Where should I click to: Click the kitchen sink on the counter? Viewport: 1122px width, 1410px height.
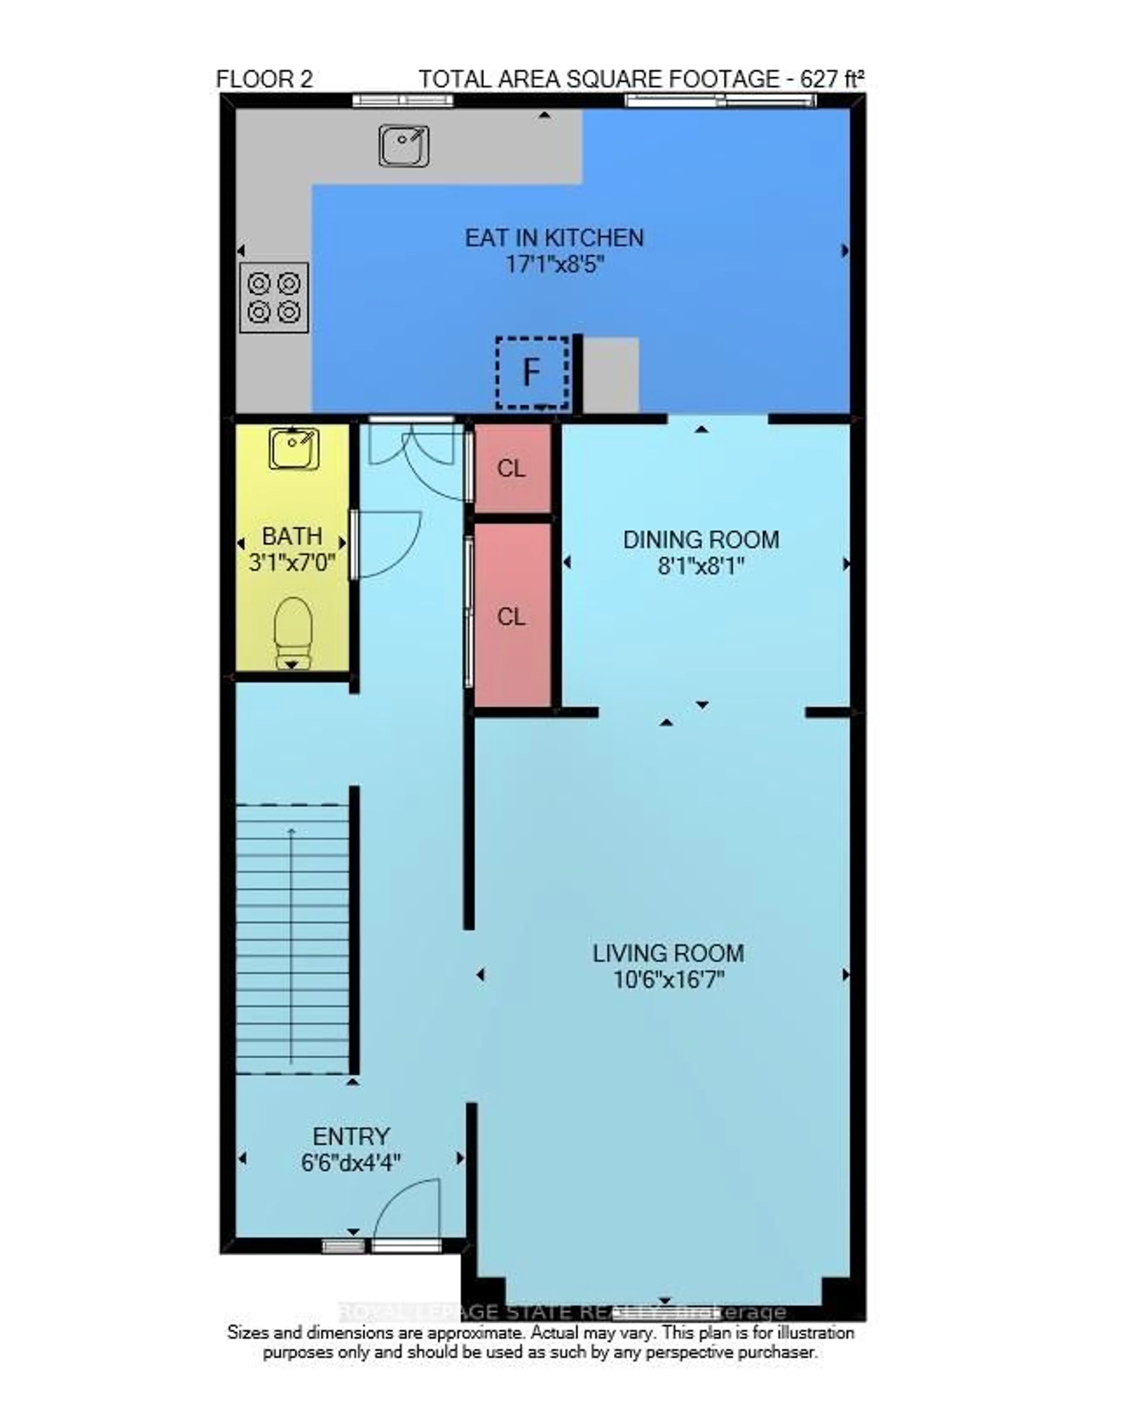[404, 145]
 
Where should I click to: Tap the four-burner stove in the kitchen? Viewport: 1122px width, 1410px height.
[273, 297]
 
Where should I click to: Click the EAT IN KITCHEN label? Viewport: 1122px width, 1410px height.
[554, 238]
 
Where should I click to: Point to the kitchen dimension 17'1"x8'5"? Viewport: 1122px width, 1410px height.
[554, 265]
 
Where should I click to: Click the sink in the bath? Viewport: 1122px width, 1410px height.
[294, 449]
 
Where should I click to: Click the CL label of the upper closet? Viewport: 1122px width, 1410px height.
[511, 468]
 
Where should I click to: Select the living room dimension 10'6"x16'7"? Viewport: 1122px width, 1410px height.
[668, 980]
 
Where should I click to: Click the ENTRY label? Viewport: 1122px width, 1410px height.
[350, 1136]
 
